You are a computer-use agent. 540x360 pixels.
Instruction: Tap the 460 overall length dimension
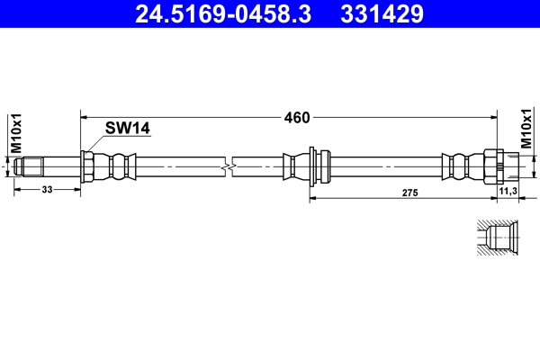coord(297,116)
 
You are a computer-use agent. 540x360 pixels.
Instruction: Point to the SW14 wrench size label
coord(127,129)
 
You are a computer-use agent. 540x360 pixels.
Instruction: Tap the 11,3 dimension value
coord(508,191)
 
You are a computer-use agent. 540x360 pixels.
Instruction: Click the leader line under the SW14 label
coord(117,138)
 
